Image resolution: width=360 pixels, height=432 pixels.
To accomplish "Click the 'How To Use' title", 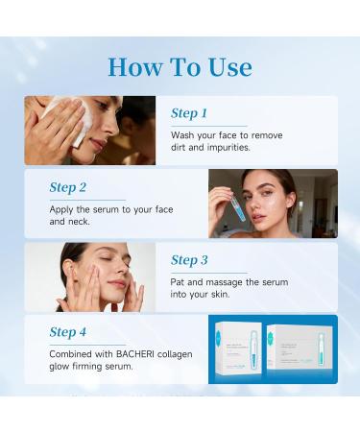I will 180,66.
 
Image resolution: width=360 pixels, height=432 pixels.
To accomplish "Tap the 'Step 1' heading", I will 189,113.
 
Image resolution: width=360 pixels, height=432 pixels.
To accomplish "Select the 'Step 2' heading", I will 68,186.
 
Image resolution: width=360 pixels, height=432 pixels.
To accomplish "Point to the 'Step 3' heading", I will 189,259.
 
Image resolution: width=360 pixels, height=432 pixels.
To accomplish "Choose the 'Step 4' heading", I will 68,332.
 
